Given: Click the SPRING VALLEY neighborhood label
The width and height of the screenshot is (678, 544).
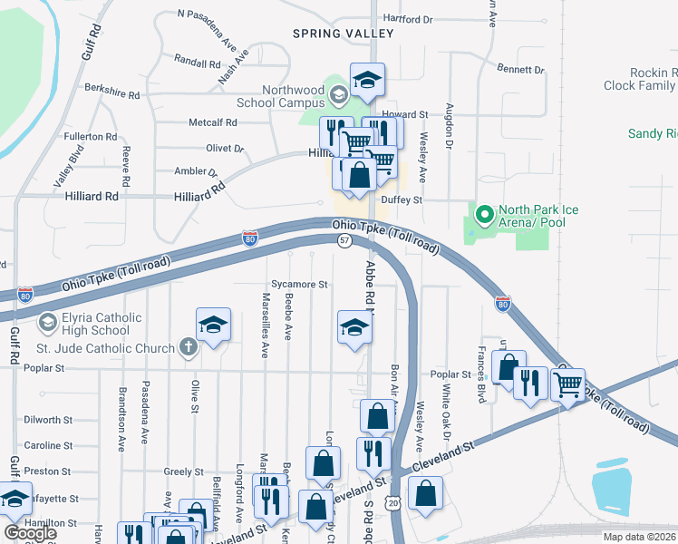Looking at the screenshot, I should [x=343, y=34].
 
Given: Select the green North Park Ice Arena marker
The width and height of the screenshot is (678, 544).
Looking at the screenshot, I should [x=484, y=216].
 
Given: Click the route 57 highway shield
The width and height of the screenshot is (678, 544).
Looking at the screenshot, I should [x=344, y=240].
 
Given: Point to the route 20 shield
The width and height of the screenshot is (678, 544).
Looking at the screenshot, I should [x=391, y=502].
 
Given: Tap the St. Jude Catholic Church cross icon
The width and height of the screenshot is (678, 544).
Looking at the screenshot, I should [x=188, y=347].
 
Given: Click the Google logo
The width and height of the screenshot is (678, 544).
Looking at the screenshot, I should [x=29, y=532].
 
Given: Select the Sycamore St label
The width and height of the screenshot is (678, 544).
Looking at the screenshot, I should [x=298, y=285].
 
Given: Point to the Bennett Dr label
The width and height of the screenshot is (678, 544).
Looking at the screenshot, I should [x=521, y=69].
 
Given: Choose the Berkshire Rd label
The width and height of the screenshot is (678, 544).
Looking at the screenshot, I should [x=112, y=93].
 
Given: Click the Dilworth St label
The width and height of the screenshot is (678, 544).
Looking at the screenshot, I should [x=48, y=420].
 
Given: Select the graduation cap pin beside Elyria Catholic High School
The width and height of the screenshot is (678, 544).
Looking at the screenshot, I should [x=213, y=325].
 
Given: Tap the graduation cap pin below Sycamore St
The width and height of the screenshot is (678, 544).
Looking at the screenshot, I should [x=354, y=328].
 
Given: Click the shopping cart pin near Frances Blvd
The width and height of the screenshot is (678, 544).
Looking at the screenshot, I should [x=567, y=385].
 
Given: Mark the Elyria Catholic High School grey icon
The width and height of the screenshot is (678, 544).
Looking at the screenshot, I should [x=46, y=322].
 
